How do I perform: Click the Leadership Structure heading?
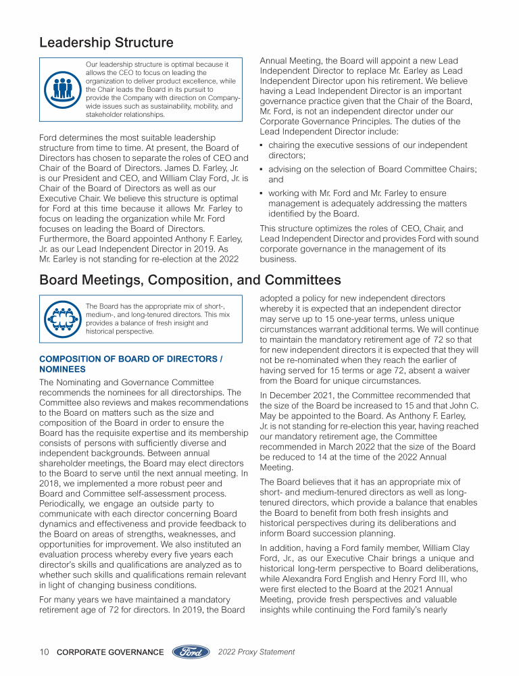click(x=106, y=43)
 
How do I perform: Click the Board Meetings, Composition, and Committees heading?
click(x=190, y=280)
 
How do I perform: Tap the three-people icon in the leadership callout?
click(x=62, y=89)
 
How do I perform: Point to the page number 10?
click(x=44, y=652)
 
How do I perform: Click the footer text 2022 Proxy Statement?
click(x=257, y=652)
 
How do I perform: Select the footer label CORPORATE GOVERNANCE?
click(x=110, y=652)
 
